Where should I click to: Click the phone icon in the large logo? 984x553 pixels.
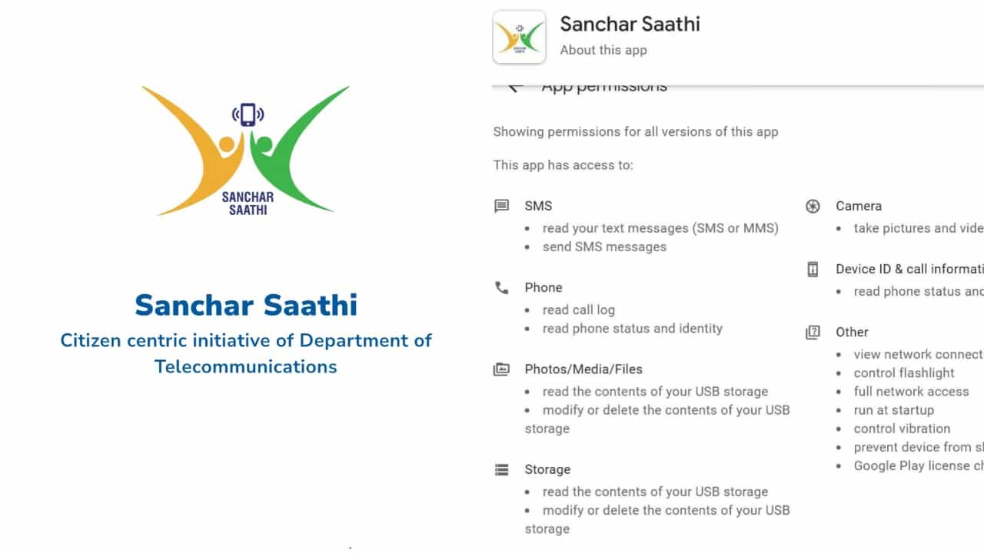point(248,114)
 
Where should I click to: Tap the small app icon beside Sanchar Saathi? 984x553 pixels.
point(519,37)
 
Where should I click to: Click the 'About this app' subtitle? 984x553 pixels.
point(603,50)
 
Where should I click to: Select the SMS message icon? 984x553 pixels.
point(502,206)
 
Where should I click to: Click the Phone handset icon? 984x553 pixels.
point(502,288)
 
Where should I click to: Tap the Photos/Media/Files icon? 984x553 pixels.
point(502,369)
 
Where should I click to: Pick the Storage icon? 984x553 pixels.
point(502,469)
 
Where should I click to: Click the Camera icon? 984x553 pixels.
point(813,206)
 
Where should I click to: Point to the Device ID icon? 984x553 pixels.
point(813,270)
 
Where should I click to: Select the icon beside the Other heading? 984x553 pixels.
point(813,333)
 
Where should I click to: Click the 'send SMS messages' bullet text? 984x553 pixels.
point(604,247)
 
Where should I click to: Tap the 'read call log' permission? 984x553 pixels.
point(578,310)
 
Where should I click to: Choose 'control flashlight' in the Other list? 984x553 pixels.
point(904,373)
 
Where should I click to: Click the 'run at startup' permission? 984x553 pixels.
point(894,410)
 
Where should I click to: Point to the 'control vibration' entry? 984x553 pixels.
point(902,429)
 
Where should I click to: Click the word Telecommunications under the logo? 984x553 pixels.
point(246,366)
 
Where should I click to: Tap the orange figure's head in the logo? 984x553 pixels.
point(228,144)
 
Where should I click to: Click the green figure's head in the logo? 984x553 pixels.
point(262,144)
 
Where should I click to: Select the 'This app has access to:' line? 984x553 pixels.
point(563,165)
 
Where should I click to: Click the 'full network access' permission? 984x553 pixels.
point(911,391)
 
